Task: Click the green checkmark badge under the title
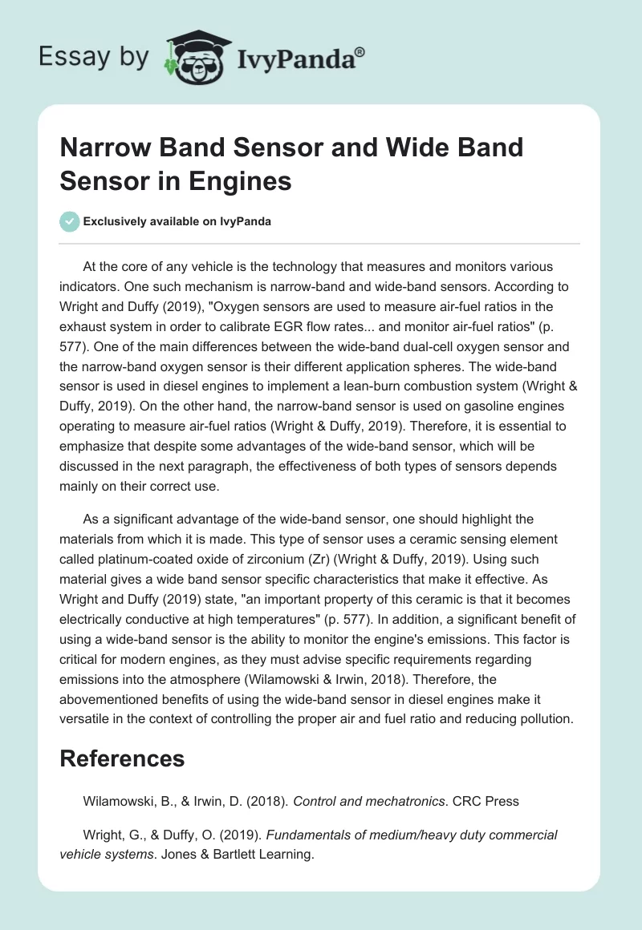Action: point(70,221)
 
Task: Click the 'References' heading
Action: point(122,758)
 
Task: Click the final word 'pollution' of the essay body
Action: point(542,718)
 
